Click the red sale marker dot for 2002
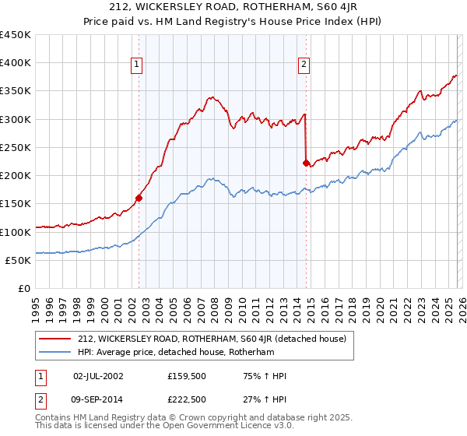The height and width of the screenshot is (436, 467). pyautogui.click(x=139, y=198)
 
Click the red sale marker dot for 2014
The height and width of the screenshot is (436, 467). pyautogui.click(x=306, y=163)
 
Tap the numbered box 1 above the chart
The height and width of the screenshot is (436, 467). pyautogui.click(x=136, y=65)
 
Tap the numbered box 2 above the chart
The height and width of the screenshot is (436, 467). pyautogui.click(x=304, y=65)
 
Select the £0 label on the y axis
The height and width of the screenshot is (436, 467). pyautogui.click(x=24, y=288)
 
